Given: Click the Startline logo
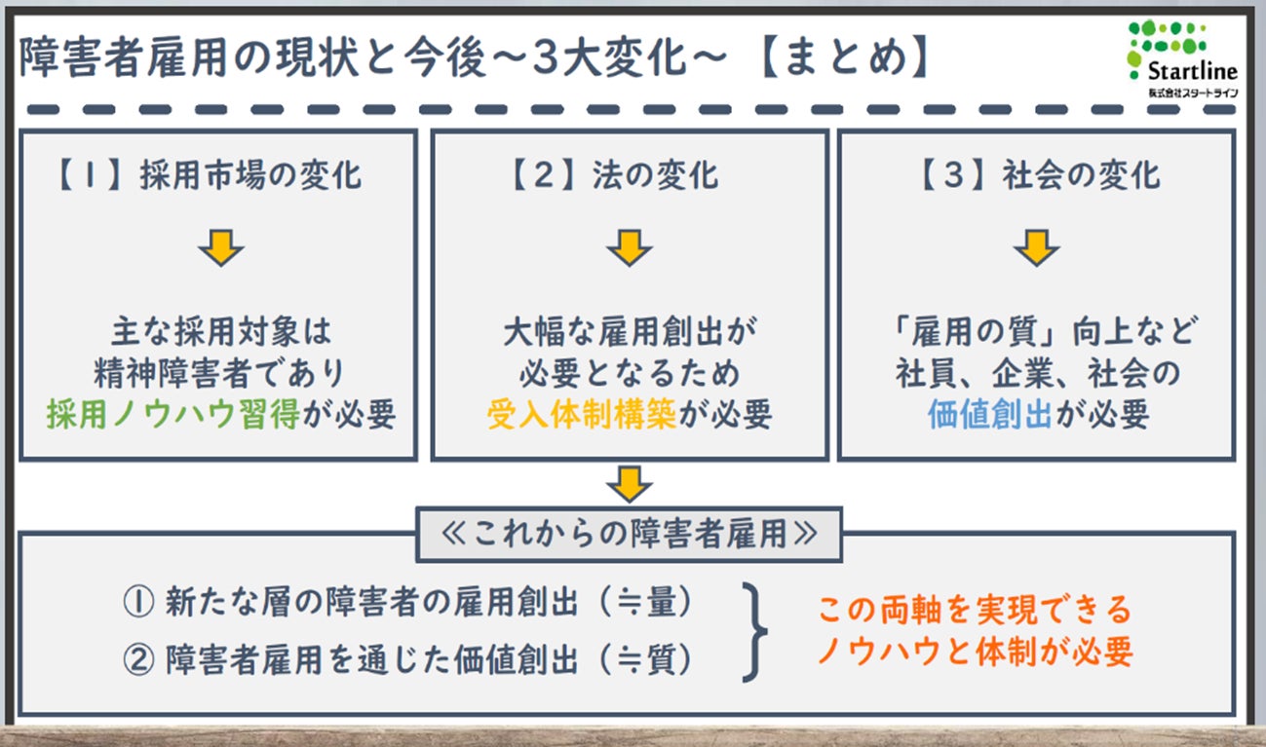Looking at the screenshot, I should pos(1181,58).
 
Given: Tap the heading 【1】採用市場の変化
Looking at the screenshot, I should pos(206,175).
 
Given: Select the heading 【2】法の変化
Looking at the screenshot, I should pos(615,175).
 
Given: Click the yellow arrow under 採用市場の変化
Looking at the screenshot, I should pos(220,249).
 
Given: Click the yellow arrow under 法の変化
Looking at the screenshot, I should pos(630,249).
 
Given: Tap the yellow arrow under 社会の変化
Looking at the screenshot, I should pos(1036,249).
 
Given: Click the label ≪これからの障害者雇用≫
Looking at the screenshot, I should pos(629,535).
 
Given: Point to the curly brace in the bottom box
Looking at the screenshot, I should pos(754,632).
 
